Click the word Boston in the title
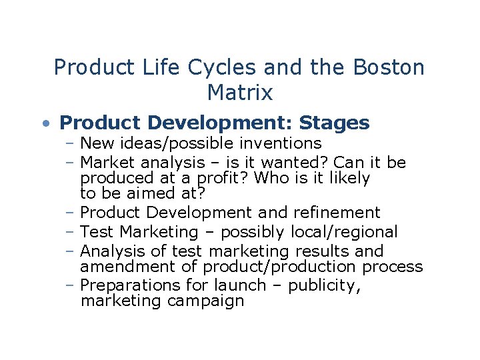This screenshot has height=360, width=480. (x=389, y=67)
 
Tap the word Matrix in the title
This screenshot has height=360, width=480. (x=240, y=93)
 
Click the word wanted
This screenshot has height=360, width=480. (x=299, y=163)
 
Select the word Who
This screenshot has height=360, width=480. (x=270, y=178)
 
